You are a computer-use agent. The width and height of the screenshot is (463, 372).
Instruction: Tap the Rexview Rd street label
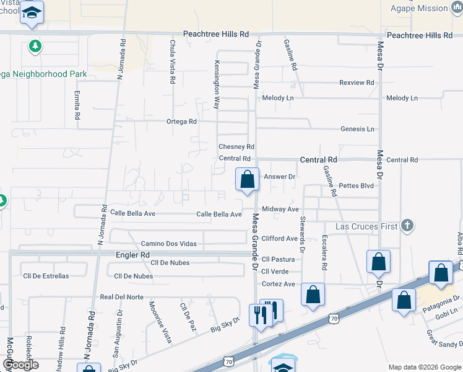pos(357,82)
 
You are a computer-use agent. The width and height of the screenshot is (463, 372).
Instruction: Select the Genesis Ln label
pos(357,129)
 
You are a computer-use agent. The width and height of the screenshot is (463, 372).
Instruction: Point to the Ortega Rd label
pos(181,122)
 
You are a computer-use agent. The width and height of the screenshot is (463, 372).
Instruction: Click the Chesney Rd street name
pos(236,147)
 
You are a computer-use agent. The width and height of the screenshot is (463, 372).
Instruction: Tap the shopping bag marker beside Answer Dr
pos(247,180)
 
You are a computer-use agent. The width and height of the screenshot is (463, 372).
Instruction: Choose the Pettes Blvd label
pos(357,185)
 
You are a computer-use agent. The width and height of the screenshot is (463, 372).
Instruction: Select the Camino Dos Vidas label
pos(168,244)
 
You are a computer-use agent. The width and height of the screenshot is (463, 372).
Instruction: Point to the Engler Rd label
pos(133,255)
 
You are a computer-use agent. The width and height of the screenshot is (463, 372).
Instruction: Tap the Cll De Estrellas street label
pos(46,276)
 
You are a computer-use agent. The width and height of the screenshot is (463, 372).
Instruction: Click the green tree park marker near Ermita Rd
pos(35,46)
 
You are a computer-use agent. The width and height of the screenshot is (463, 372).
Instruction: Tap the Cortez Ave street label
pos(278,284)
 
